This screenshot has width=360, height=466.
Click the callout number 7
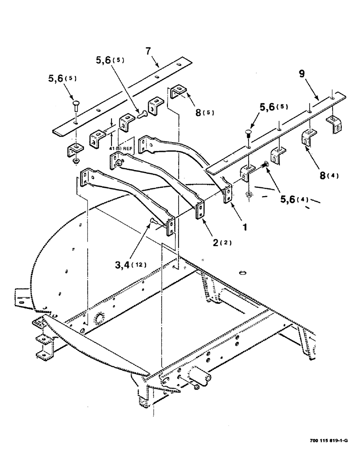[148, 52]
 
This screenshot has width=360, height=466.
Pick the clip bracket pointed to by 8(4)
[308, 137]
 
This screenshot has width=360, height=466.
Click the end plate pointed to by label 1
[228, 192]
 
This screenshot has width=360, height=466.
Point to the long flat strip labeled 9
[280, 130]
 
